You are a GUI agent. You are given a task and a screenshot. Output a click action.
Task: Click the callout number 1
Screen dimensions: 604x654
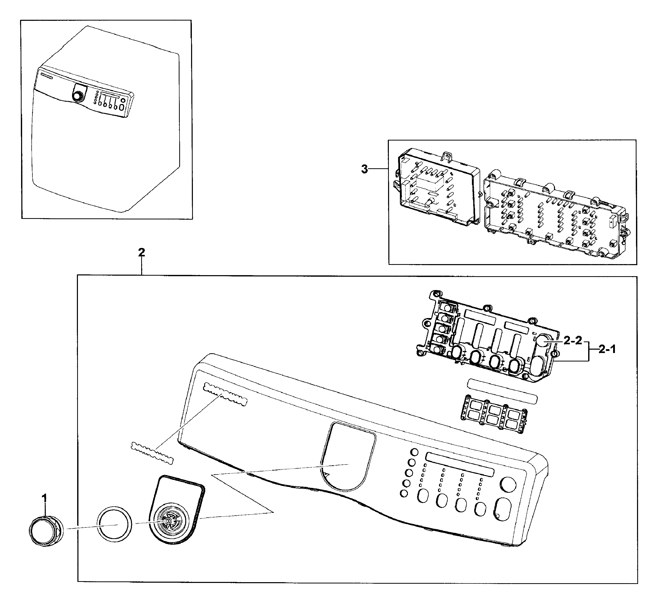coord(44,498)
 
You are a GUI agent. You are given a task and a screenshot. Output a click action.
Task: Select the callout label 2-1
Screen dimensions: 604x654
coord(607,349)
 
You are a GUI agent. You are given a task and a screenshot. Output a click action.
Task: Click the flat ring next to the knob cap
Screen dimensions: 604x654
coord(114,524)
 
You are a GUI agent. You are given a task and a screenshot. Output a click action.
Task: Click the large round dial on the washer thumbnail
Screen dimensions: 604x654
coord(77,96)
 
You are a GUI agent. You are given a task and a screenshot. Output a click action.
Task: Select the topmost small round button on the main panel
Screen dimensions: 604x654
coord(414,452)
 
